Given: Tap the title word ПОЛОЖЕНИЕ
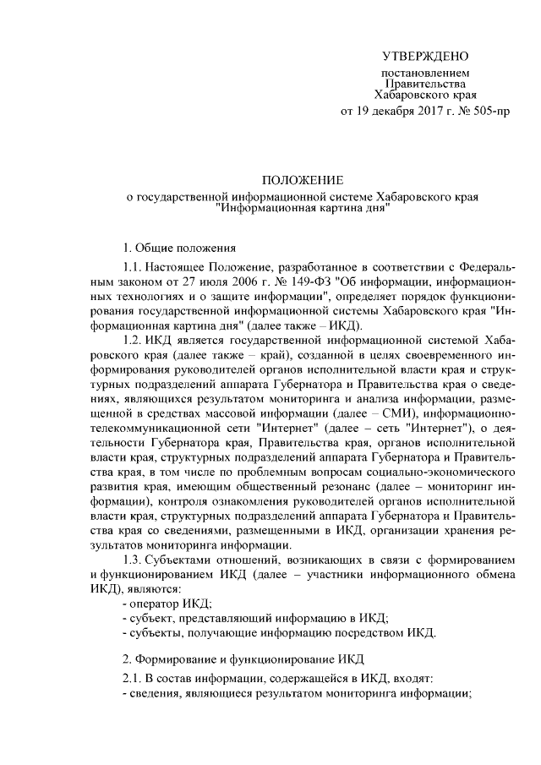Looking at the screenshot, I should coord(302,181).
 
